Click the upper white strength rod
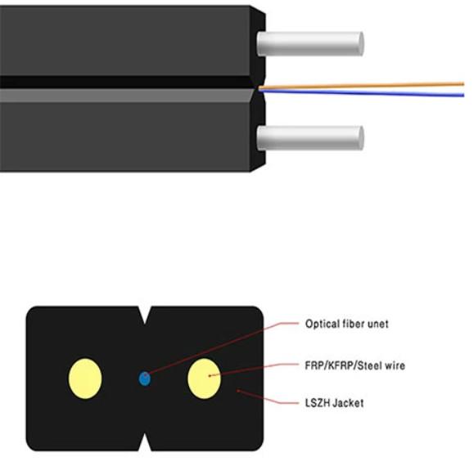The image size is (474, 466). coord(310,44)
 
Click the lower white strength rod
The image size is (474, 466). coord(310,138)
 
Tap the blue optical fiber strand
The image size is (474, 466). coord(361,93)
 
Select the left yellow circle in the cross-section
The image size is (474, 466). coord(85,379)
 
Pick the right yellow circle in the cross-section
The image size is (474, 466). coord(204,379)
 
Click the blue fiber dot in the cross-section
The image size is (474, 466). coord(145,379)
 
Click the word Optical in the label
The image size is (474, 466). coord(322,324)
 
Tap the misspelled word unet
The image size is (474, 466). coord(378,324)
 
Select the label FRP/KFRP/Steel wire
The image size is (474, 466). coord(355,365)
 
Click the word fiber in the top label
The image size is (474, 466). coord(353,324)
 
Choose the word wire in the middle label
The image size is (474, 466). coord(394,365)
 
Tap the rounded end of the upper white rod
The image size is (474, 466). coord(360,44)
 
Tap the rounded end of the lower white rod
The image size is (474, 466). coord(360,138)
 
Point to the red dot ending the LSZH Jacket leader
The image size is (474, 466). coord(238,391)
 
